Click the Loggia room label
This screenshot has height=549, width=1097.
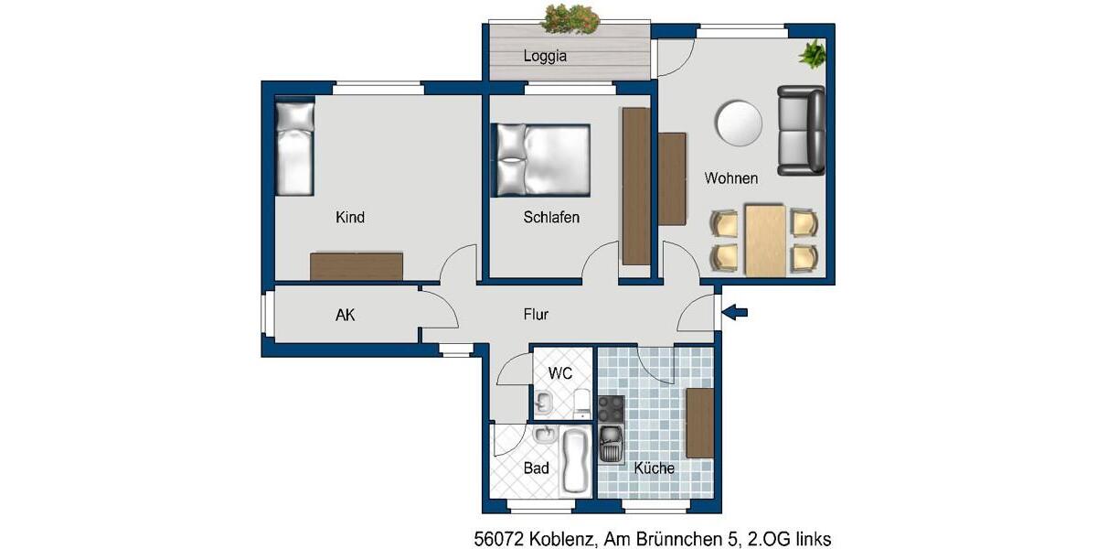pyautogui.click(x=545, y=56)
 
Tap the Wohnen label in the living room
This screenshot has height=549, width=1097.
pyautogui.click(x=730, y=178)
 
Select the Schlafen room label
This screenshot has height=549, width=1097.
pyautogui.click(x=551, y=218)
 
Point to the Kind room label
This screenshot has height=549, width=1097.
pyautogui.click(x=350, y=217)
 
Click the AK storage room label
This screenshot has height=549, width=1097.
pyautogui.click(x=346, y=315)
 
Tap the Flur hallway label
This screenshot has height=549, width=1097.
pyautogui.click(x=536, y=314)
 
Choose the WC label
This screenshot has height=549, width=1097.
pyautogui.click(x=560, y=373)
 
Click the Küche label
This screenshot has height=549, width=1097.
pyautogui.click(x=654, y=468)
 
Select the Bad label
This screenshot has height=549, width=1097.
pyautogui.click(x=537, y=468)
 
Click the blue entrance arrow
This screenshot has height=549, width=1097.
pyautogui.click(x=735, y=313)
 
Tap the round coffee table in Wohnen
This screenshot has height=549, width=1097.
pyautogui.click(x=739, y=122)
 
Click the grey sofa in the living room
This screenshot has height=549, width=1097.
pyautogui.click(x=801, y=130)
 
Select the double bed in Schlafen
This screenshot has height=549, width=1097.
pyautogui.click(x=541, y=160)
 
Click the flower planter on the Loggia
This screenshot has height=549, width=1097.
pyautogui.click(x=570, y=17)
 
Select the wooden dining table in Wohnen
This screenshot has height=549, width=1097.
pyautogui.click(x=765, y=240)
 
